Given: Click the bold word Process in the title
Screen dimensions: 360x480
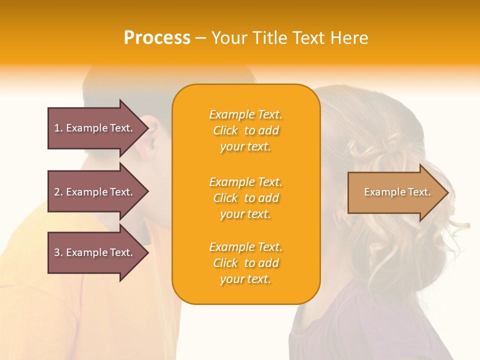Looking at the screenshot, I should (157, 38).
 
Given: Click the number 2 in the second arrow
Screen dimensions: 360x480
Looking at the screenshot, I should (57, 192).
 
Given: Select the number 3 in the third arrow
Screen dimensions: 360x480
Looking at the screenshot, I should (57, 252).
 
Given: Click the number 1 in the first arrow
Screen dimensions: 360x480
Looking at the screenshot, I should (57, 128).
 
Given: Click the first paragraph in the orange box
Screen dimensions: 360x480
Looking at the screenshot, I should (245, 130).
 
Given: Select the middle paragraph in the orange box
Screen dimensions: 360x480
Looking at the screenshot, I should (245, 198).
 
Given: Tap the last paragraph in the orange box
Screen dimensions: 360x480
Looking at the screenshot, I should (245, 263).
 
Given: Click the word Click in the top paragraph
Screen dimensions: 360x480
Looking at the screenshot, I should (225, 130).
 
